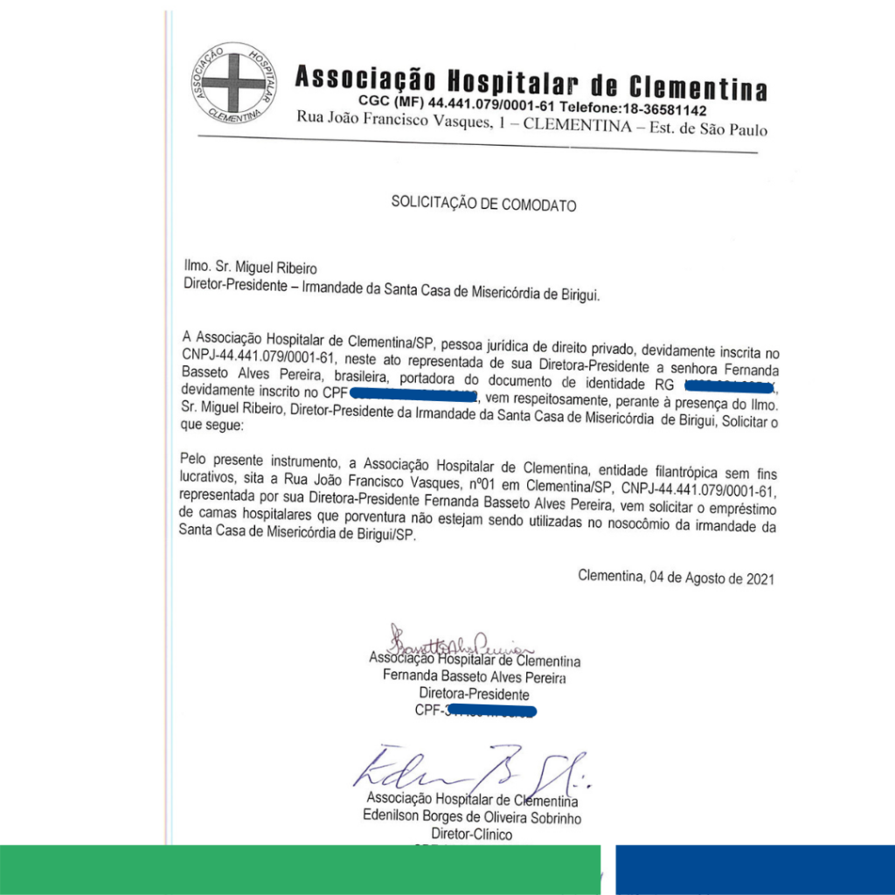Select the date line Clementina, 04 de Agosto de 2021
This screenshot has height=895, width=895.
pyautogui.click(x=676, y=578)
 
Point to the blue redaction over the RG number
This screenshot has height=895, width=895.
pyautogui.click(x=729, y=384)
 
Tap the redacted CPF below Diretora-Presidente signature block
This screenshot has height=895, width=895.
pyautogui.click(x=489, y=711)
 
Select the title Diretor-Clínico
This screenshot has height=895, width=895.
pyautogui.click(x=473, y=835)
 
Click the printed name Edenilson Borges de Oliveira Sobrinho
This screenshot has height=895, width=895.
pyautogui.click(x=472, y=818)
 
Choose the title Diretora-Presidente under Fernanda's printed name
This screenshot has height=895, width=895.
pyautogui.click(x=474, y=694)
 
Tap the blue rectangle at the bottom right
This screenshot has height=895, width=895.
pyautogui.click(x=754, y=870)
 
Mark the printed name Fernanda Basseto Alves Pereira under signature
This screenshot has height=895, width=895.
pyautogui.click(x=474, y=677)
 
